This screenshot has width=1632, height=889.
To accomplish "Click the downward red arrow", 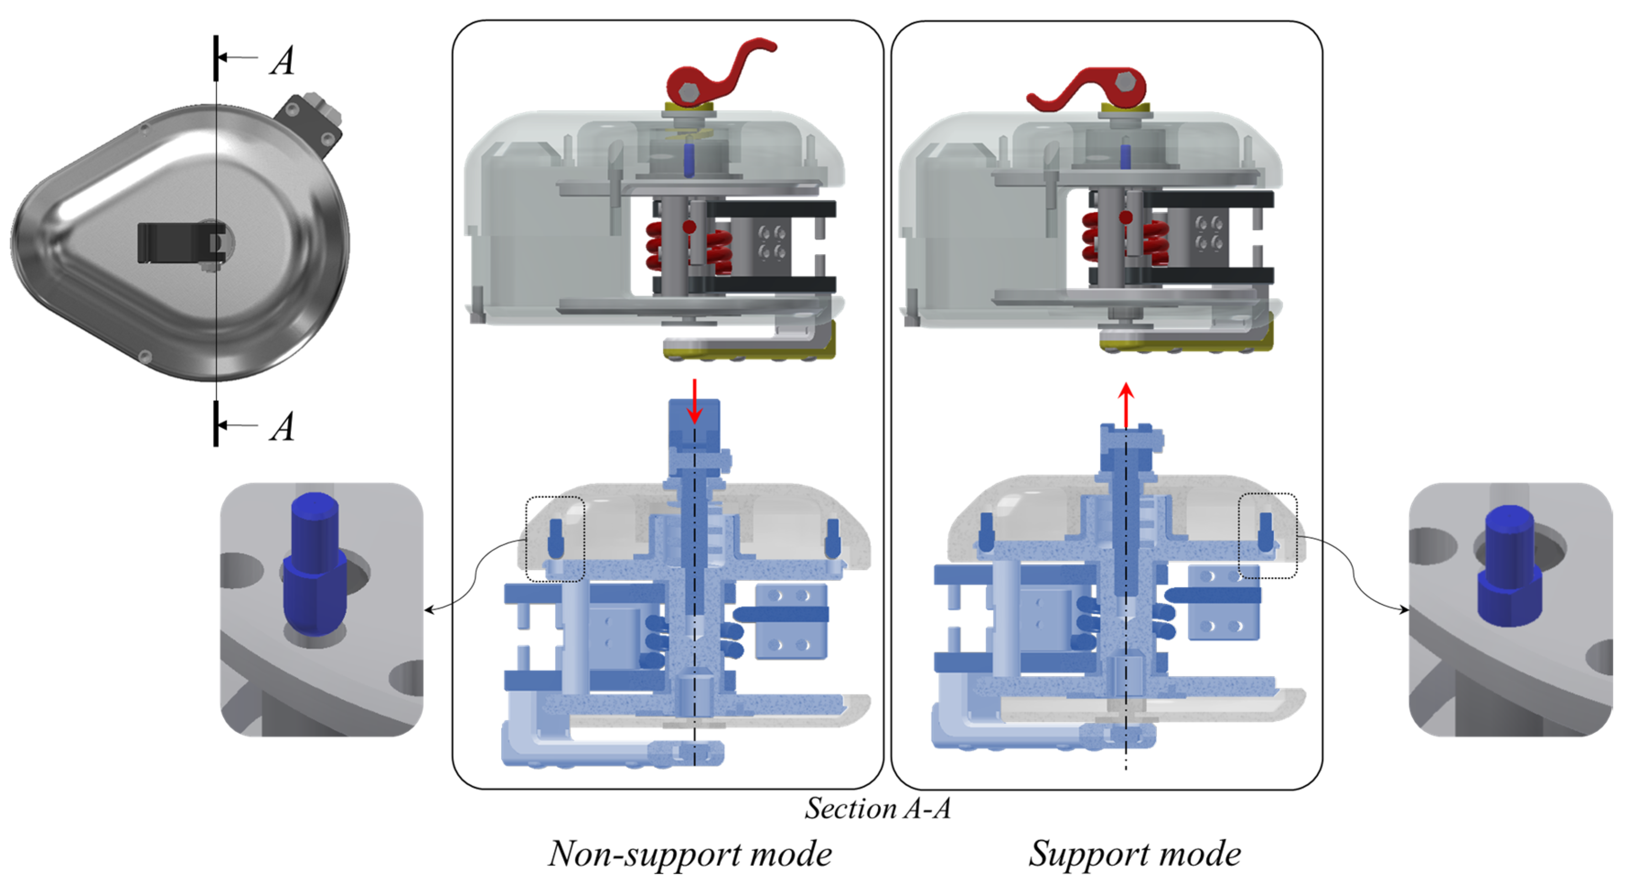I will (695, 402).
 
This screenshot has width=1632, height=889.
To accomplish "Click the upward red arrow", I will (1126, 405).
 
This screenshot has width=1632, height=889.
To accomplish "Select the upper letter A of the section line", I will (283, 61).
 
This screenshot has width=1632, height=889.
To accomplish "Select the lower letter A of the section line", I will (283, 427).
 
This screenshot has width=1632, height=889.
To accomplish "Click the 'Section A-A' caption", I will (877, 809).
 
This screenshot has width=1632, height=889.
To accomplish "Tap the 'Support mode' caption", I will (1134, 853).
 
